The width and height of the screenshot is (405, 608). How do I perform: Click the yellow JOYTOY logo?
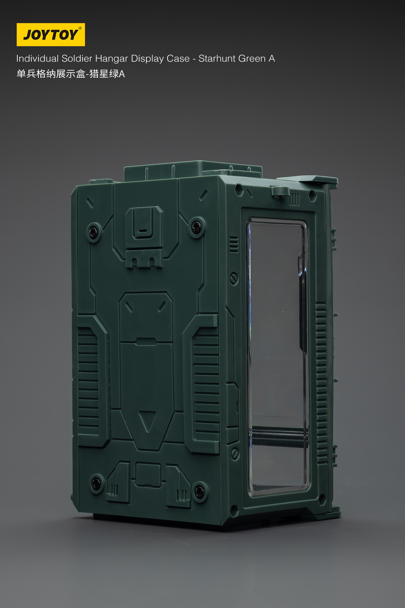coord(51,35)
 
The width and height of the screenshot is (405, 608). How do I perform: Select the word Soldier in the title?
coord(77,58)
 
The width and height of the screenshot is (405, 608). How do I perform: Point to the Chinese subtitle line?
coord(70,74)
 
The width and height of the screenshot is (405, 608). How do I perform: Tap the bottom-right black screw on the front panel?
coord(199,491)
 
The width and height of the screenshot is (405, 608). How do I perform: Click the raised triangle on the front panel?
coord(147,421)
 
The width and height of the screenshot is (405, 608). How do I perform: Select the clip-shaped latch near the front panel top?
coord(144,223)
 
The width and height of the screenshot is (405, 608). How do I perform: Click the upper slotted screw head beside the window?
coord(233,278)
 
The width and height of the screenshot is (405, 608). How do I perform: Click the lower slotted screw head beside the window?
coord(234,454)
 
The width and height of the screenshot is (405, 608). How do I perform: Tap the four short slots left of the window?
coord(233,245)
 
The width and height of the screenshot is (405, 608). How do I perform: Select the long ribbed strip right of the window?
coord(321,383)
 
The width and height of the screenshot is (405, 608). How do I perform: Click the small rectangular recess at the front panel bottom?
coord(148,475)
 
